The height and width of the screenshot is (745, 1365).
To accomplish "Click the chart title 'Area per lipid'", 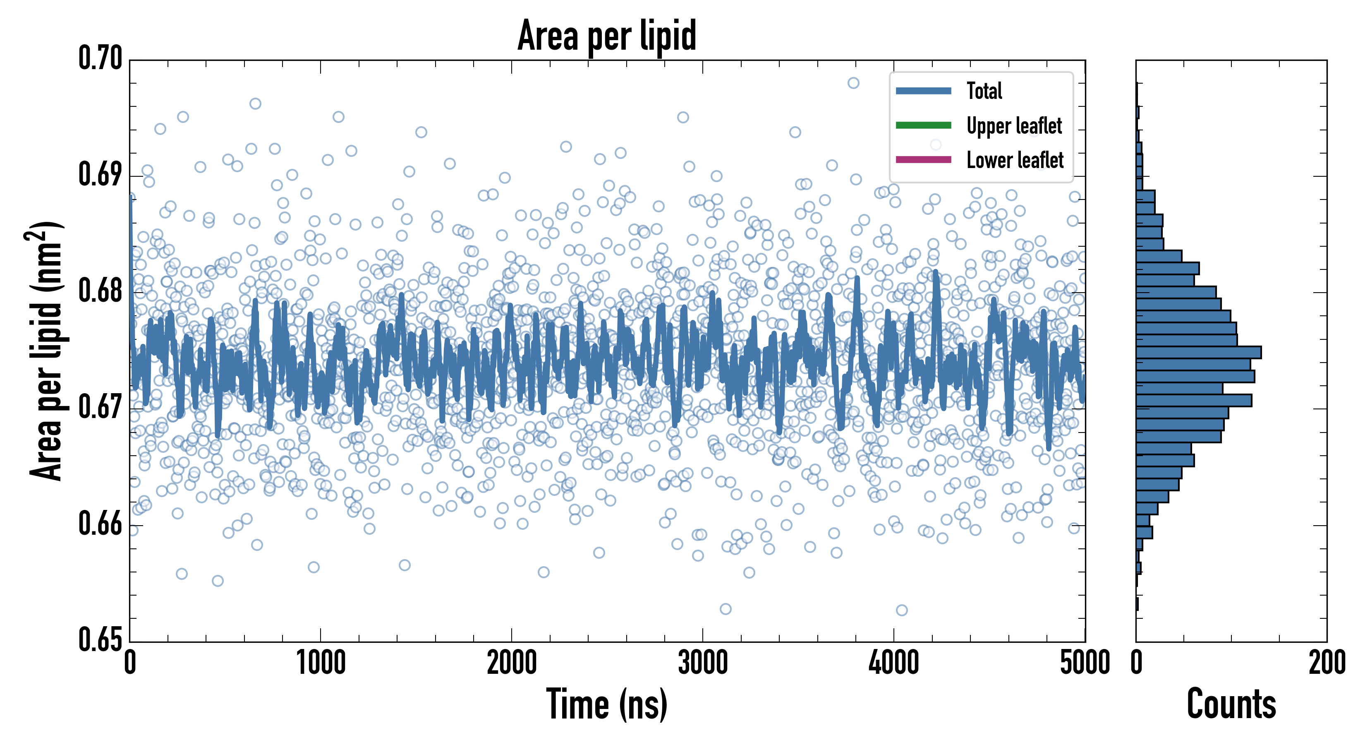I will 607,36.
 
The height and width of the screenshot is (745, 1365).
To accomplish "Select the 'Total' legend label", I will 984,91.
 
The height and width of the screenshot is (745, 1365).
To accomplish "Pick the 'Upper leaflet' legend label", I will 1014,126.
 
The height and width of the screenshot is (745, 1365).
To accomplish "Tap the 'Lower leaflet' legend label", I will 1015,160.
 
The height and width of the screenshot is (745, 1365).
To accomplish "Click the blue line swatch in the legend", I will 923,91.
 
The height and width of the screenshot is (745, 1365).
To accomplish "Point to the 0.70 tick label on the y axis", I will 100,58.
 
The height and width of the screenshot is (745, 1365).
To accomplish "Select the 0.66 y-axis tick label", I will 100,524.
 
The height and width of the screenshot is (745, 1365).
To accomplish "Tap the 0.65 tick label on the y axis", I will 100,639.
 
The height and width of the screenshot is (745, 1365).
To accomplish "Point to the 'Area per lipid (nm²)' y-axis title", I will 45,351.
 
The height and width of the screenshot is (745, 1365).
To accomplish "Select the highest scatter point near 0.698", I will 853,83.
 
